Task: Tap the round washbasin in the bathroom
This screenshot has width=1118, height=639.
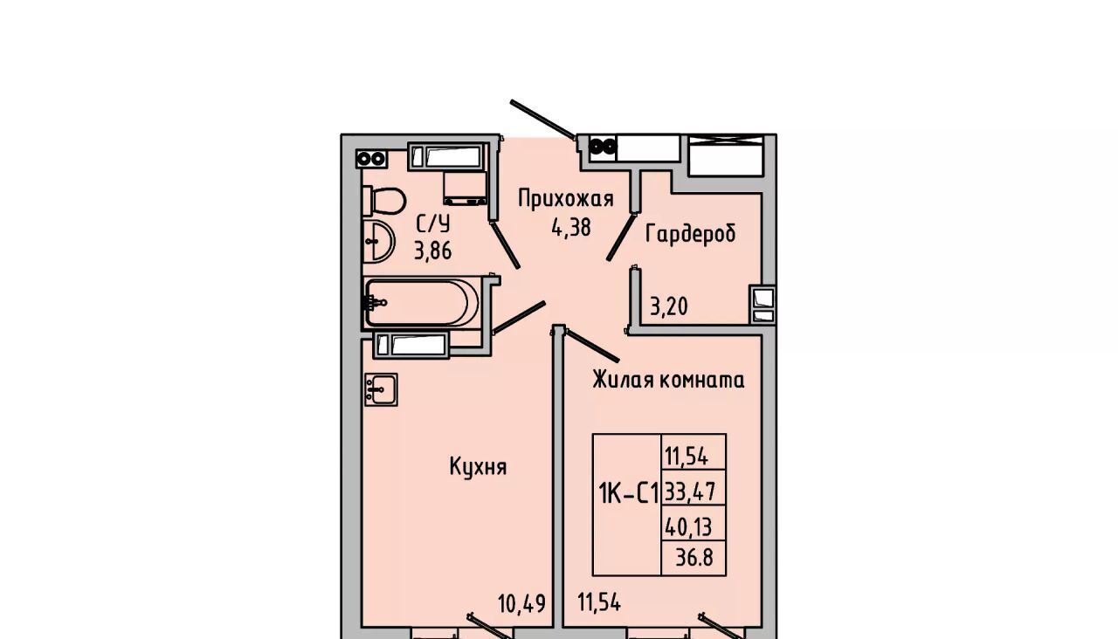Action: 379,241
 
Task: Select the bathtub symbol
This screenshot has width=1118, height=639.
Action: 421,302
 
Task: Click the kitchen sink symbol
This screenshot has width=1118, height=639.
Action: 381,389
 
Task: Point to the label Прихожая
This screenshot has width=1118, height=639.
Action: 565,198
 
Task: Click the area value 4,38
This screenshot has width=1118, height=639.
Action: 571,228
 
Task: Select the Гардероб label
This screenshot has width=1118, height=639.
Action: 690,233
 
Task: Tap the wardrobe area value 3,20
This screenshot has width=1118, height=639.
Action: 669,306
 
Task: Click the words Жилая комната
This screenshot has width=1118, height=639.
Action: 669,380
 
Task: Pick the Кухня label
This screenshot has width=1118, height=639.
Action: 478,467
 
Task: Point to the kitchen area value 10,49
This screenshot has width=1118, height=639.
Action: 521,604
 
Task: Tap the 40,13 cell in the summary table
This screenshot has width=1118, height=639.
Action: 688,526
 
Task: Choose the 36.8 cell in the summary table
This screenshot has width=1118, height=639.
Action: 694,557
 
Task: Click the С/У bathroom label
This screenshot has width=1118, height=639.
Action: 433,224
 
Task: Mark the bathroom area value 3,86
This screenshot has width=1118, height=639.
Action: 432,251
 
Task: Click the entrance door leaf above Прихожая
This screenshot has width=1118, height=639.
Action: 543,119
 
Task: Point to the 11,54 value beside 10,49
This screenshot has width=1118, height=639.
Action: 599,602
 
